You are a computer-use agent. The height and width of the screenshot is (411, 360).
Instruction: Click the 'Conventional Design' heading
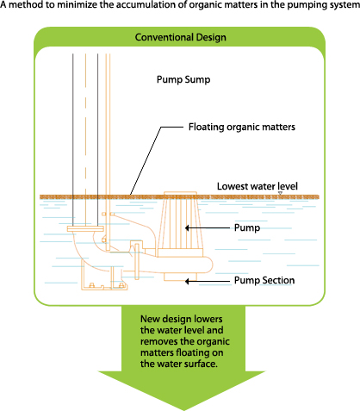tap(181, 37)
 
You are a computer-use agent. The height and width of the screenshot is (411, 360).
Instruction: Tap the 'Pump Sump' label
tap(183, 79)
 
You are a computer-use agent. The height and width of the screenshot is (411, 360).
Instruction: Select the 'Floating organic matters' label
tap(242, 127)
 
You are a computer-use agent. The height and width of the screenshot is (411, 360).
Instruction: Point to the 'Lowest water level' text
tap(258, 186)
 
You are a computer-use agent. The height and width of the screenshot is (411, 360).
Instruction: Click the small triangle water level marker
tap(280, 193)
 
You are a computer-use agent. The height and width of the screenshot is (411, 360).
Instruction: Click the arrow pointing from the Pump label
tap(208, 228)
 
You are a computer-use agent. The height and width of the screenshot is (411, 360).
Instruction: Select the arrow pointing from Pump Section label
tap(208, 281)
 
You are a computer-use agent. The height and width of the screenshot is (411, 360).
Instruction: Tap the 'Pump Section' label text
tap(264, 280)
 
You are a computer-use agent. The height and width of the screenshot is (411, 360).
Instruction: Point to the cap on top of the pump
tap(180, 195)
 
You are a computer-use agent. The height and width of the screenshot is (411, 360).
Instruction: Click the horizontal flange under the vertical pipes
tap(85, 228)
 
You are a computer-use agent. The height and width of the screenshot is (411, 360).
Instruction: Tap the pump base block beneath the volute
tap(181, 277)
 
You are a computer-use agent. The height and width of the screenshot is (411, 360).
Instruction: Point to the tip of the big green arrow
tap(182, 410)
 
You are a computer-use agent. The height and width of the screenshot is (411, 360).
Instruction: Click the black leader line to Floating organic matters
tap(157, 161)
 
